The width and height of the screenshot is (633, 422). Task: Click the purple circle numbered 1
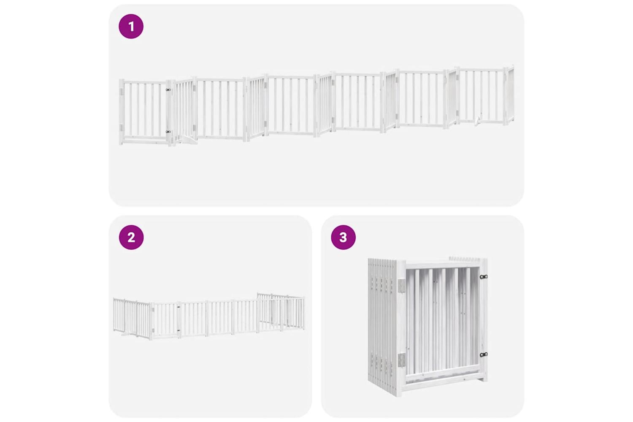[131, 27]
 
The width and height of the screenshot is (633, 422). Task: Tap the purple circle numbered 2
[131, 237]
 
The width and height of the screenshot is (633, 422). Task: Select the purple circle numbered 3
[344, 237]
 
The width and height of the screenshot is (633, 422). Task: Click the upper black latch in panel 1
[168, 90]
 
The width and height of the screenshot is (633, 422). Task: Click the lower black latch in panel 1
[168, 132]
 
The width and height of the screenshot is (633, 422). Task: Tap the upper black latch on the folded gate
[484, 277]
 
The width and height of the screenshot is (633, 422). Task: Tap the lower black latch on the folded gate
[484, 354]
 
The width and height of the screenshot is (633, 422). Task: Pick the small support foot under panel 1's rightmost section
[477, 121]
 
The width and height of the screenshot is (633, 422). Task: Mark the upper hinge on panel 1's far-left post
[122, 92]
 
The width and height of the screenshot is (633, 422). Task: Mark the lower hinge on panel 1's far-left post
[122, 128]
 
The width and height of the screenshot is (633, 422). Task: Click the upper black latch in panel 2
[178, 306]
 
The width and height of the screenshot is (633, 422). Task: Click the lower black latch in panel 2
[178, 330]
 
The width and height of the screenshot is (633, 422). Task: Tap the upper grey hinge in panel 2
[153, 309]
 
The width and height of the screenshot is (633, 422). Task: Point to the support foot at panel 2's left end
[126, 335]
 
